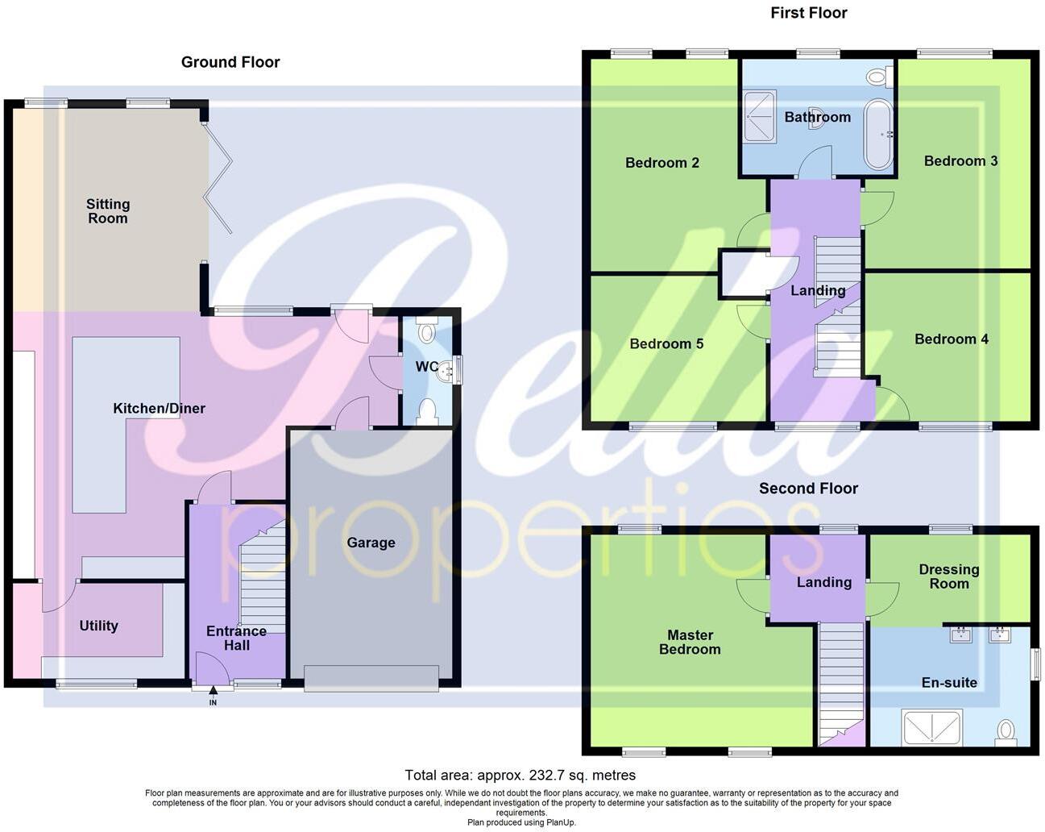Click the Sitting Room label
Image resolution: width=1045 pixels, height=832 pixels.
click(x=108, y=211)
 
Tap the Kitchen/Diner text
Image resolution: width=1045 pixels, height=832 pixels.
click(x=159, y=409)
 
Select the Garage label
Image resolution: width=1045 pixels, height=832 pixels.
click(x=371, y=543)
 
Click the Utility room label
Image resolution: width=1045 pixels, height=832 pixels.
click(x=98, y=626)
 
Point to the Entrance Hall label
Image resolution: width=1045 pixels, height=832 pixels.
click(x=236, y=638)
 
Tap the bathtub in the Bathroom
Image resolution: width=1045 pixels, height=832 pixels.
click(x=878, y=133)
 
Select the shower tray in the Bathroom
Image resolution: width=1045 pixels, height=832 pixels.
click(x=759, y=116)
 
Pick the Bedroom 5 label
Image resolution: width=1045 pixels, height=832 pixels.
click(x=666, y=344)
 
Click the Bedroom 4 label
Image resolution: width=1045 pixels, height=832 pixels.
click(x=951, y=339)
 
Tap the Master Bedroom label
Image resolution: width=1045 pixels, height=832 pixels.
click(x=690, y=642)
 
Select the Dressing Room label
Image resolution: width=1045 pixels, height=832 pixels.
click(x=949, y=576)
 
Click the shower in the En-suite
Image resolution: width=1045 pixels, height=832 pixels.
click(x=932, y=727)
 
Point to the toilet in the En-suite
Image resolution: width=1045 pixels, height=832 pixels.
click(x=1005, y=731)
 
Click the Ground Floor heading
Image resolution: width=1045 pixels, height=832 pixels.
click(x=230, y=62)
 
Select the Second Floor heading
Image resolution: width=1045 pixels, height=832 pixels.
click(x=808, y=489)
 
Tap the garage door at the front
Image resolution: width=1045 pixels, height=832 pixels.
click(x=371, y=677)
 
